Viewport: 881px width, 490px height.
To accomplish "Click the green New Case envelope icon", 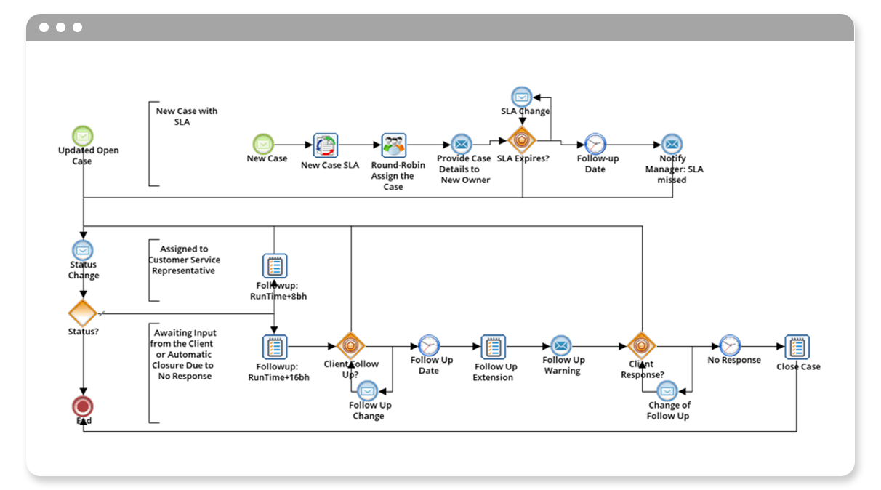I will point(262,144).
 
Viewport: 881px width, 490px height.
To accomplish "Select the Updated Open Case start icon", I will point(83,136).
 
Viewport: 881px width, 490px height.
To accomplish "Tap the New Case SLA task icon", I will point(326,145).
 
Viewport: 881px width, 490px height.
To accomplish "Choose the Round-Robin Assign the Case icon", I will point(393,145).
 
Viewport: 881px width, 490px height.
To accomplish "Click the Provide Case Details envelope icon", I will point(461,144).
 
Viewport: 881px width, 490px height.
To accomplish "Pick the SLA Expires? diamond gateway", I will point(522,140).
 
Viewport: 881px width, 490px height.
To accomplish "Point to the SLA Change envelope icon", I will point(522,96).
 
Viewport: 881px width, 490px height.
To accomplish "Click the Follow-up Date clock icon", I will point(595,144).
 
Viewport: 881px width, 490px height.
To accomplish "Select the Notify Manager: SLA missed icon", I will point(672,144).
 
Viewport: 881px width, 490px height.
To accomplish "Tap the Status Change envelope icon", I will point(83,250).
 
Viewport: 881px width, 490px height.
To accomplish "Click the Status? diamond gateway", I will point(82,313).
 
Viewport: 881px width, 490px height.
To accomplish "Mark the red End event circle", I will point(83,406).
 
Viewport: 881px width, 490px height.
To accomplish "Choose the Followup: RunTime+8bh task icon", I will point(275,266).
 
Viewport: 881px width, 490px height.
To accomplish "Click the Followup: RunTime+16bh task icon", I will point(275,347).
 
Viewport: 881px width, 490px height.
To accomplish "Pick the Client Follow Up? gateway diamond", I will point(351,346).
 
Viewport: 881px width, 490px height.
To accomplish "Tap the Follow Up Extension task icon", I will point(494,347).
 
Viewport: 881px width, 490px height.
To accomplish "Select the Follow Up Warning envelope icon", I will point(560,345).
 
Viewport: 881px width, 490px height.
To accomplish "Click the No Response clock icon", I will point(730,345).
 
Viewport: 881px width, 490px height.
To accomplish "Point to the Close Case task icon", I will point(797,347).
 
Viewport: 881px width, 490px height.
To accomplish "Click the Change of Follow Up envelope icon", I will point(668,391).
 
